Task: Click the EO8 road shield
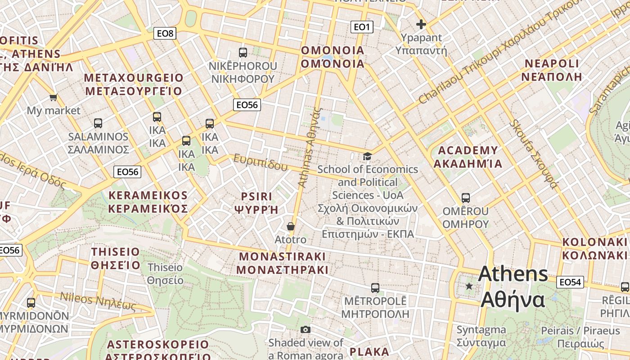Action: tap(165, 33)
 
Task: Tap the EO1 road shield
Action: tap(361, 27)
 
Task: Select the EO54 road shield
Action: tap(570, 282)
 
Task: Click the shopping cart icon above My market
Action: tap(54, 97)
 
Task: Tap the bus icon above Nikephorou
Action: tap(243, 53)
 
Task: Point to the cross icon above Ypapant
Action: tap(421, 24)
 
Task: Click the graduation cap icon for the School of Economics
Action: tap(368, 156)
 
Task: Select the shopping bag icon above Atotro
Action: tap(291, 226)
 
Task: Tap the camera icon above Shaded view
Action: tap(306, 329)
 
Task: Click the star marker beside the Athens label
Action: tap(469, 286)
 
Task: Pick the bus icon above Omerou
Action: tap(466, 198)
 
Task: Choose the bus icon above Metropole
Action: tap(375, 288)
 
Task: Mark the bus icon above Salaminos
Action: tap(98, 123)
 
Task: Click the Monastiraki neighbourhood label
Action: tap(282, 263)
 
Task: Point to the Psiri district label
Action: tap(256, 203)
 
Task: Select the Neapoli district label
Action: tap(552, 70)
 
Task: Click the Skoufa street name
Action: tap(533, 154)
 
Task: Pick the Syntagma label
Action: tap(481, 336)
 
